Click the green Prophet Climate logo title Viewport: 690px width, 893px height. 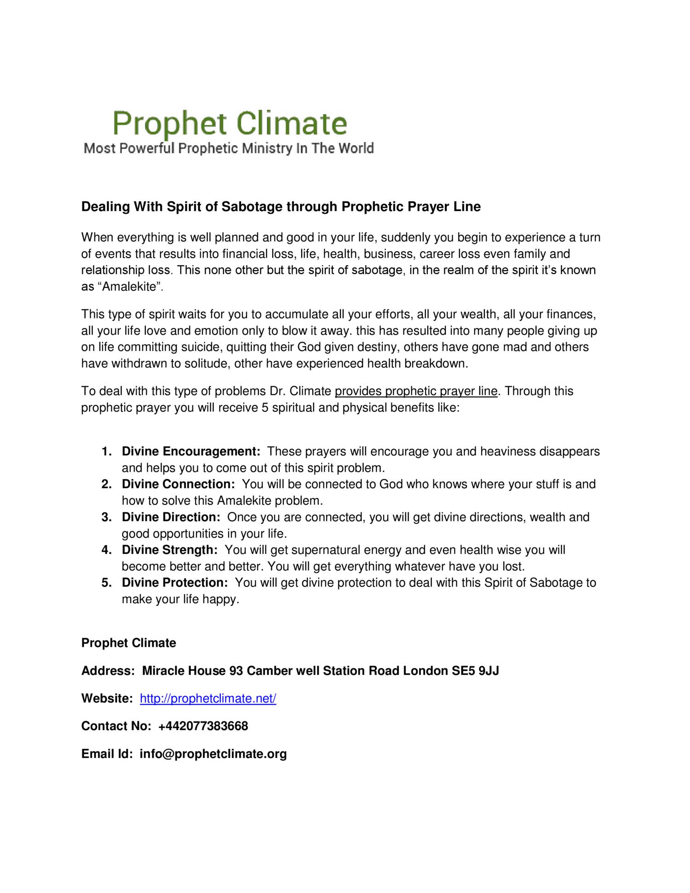(230, 123)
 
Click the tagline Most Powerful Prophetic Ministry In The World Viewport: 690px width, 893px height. (229, 149)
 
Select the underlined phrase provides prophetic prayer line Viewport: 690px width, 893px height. (416, 392)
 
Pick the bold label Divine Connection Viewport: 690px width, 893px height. (178, 484)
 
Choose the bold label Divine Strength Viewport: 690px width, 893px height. (169, 550)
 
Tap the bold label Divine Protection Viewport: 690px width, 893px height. (175, 583)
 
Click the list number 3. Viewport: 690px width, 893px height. (106, 517)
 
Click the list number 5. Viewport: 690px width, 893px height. (106, 583)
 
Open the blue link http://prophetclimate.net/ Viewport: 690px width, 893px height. (208, 698)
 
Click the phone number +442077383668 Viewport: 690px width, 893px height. (203, 726)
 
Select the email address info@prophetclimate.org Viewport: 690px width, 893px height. (213, 754)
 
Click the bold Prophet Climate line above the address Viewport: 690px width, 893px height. (128, 643)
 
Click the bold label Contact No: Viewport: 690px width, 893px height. (116, 726)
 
